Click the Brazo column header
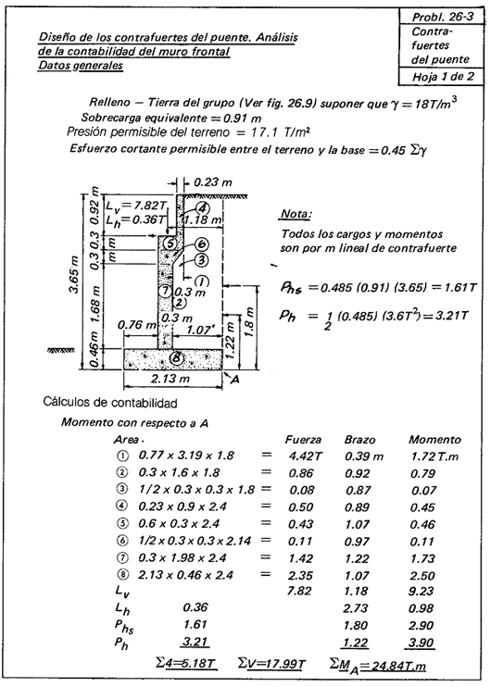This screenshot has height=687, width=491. (x=358, y=439)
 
